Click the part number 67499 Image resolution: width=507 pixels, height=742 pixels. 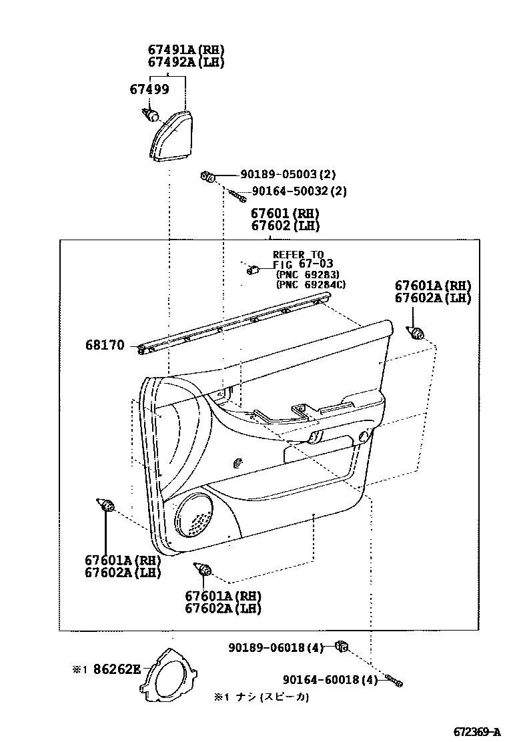[149, 89]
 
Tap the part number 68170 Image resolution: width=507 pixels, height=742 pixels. [105, 345]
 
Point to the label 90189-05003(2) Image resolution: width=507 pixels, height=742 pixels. [278, 175]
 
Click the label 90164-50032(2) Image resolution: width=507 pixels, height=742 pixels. [299, 191]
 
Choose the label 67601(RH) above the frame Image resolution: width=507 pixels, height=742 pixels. [285, 214]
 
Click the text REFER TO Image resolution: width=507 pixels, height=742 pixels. [298, 255]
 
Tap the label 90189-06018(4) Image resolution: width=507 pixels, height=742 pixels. [276, 647]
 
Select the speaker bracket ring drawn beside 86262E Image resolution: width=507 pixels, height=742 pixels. [167, 675]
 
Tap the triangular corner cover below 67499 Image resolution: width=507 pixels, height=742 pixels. [171, 137]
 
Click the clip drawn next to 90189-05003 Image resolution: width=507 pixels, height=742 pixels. [207, 176]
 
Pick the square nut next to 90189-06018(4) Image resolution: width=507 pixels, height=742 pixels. [343, 645]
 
